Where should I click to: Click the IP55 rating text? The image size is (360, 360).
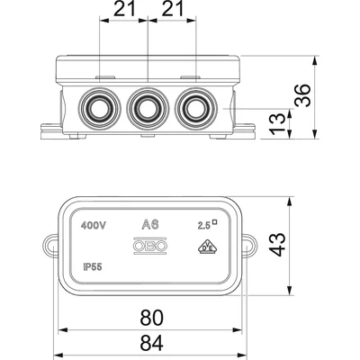pyautogui.click(x=91, y=267)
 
